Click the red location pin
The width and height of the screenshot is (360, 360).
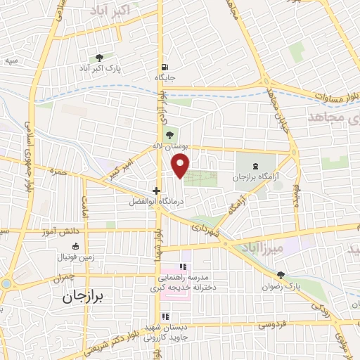[181, 165]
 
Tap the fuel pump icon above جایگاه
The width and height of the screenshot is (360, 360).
[165, 66]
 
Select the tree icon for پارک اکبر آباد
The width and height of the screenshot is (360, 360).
[99, 58]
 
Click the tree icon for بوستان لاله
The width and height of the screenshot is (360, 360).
[167, 134]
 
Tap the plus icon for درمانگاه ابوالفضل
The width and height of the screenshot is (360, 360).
[156, 190]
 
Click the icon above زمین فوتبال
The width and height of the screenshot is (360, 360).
[77, 246]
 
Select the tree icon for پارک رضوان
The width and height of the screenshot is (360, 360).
[281, 275]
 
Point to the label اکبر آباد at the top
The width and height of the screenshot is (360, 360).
[110, 10]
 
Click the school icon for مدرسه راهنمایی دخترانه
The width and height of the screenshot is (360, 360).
[184, 266]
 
